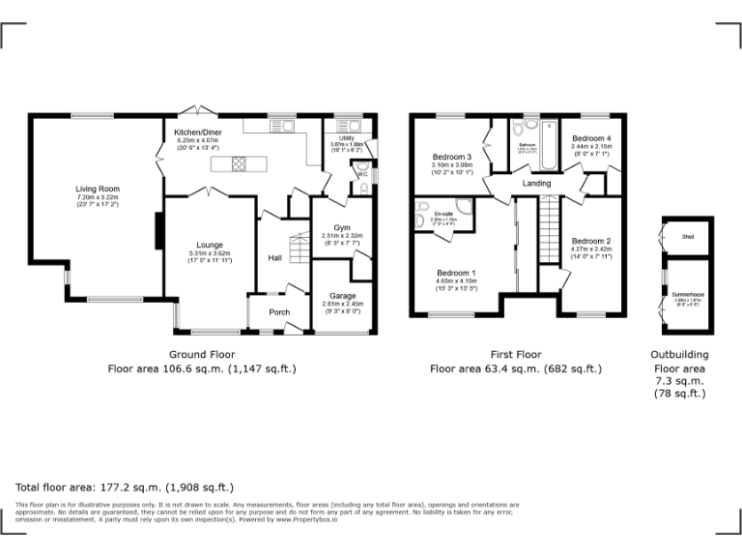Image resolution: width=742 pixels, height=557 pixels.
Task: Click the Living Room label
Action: [x=98, y=189]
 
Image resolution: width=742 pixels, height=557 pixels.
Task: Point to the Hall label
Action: [x=275, y=257]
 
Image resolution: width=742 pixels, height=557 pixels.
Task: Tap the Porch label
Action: [x=279, y=311]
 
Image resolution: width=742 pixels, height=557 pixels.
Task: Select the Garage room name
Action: [x=343, y=295]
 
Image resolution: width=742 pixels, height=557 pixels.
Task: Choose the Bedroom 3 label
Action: [x=451, y=157]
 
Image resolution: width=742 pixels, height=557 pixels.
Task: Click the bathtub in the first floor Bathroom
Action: [x=550, y=144]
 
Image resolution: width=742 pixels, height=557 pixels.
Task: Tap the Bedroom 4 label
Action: [x=591, y=138]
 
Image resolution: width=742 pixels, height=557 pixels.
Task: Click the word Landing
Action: [x=536, y=183]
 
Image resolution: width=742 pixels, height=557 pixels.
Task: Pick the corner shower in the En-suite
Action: [x=464, y=207]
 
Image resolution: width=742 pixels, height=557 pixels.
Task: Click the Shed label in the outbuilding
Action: [x=688, y=236]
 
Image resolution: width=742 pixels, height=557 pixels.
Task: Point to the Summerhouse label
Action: [x=688, y=293]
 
